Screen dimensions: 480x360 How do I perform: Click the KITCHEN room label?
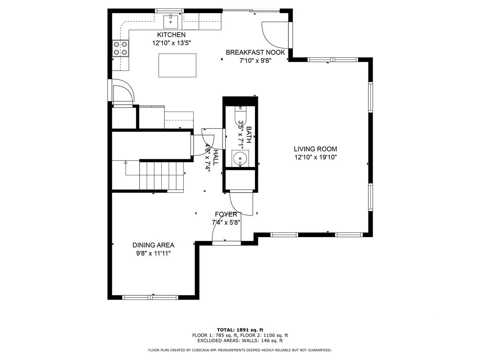[x=171, y=35]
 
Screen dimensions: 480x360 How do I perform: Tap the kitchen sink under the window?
[x=171, y=22]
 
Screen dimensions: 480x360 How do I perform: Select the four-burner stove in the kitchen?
[x=120, y=48]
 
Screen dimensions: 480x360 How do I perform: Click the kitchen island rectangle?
[x=177, y=65]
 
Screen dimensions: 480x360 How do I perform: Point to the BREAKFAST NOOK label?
[x=255, y=52]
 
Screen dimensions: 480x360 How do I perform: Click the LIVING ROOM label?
[x=315, y=149]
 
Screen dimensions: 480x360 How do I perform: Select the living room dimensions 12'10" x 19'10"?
[x=315, y=157]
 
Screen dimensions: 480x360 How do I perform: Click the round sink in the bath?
[x=240, y=158]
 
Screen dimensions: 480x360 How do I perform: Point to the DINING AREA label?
[x=153, y=245]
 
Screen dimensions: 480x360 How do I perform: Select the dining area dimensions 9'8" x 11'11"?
[x=153, y=254]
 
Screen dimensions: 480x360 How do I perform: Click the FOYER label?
[x=226, y=214]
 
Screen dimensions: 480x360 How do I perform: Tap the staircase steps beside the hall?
[x=162, y=176]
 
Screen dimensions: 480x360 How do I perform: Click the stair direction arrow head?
[x=126, y=163]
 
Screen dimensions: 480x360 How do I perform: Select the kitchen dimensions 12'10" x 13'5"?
[x=172, y=43]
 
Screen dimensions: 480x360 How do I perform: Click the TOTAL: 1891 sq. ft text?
[x=240, y=330]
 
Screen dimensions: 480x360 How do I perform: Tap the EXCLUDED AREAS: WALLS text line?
[x=240, y=340]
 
